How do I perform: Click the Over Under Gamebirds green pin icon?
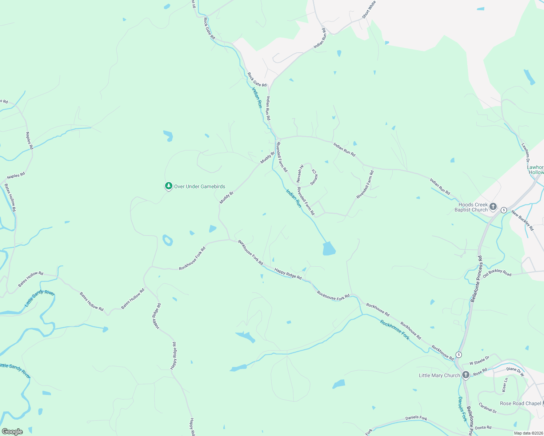(x=168, y=186)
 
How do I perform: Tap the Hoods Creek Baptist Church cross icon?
(x=493, y=207)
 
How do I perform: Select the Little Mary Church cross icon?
(x=466, y=375)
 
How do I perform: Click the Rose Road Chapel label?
(x=520, y=403)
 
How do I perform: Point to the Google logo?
(x=12, y=431)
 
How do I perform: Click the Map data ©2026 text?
(x=528, y=433)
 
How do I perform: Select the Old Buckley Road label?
(x=497, y=273)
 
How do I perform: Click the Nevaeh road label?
(x=300, y=174)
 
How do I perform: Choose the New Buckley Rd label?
(x=523, y=220)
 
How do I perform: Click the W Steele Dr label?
(x=479, y=360)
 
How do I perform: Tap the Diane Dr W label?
(x=515, y=371)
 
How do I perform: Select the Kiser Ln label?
(x=505, y=385)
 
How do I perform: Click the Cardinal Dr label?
(x=488, y=408)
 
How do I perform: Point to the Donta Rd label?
(x=483, y=428)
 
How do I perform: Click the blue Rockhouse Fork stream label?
(x=395, y=330)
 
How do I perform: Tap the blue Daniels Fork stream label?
(x=462, y=409)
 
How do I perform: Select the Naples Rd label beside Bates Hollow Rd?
(x=16, y=175)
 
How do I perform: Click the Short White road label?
(x=369, y=9)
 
